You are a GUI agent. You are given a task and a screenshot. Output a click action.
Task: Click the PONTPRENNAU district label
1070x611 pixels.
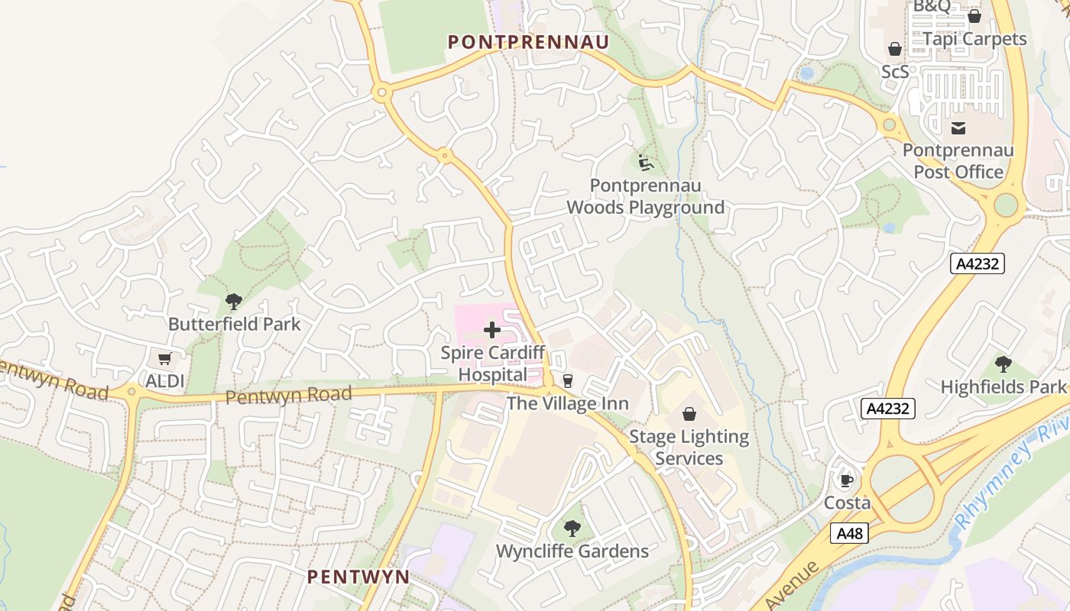pos(528,42)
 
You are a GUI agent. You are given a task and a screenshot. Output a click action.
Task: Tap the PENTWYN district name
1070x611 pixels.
pos(358,577)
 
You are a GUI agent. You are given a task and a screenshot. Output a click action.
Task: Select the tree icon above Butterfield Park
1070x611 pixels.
pos(234,302)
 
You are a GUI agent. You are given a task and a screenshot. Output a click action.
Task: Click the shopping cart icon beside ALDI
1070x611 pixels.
pos(164,359)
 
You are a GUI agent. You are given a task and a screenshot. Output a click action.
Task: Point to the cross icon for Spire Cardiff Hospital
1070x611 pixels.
pos(492,330)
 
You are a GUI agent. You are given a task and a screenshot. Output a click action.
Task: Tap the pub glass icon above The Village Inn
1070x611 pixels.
pos(567,380)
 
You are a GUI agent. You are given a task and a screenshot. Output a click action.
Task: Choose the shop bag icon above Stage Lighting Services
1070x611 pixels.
pos(689,414)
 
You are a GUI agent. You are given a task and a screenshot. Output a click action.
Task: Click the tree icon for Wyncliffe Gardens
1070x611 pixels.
pos(572,528)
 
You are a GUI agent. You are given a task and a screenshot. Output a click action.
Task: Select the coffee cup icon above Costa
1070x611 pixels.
pos(846,480)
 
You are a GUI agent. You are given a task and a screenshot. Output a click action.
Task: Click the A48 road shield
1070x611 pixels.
pos(849,532)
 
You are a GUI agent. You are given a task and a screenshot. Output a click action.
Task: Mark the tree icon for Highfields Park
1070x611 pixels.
pos(1003,364)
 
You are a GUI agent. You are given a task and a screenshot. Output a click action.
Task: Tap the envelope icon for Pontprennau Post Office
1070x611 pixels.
pos(958,128)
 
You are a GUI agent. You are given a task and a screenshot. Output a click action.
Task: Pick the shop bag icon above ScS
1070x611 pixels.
pos(895,50)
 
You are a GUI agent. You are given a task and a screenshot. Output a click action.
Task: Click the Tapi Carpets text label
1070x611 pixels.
pos(974,38)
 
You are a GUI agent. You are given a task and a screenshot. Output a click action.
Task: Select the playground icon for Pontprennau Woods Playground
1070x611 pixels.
pos(646,163)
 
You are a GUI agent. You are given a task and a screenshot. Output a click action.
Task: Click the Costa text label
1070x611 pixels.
pos(847,503)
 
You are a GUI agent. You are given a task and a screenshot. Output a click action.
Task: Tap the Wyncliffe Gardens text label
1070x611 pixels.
pos(572,551)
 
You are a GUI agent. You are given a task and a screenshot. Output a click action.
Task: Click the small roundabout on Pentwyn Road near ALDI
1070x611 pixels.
pos(132,392)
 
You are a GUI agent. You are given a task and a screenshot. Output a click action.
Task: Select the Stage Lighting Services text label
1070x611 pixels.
pos(689,448)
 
